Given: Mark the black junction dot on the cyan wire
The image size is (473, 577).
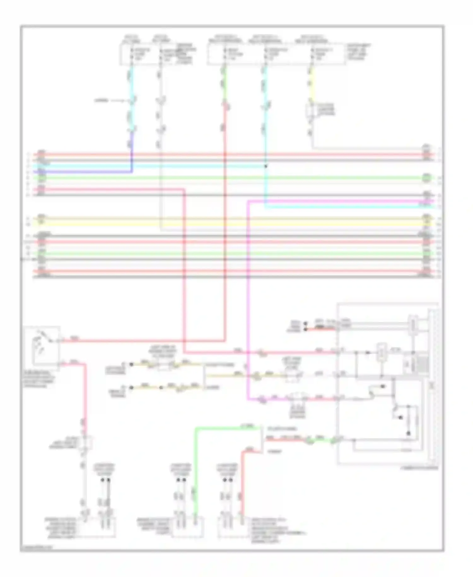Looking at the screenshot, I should click(x=266, y=166).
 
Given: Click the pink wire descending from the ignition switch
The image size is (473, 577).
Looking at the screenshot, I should click(x=85, y=395).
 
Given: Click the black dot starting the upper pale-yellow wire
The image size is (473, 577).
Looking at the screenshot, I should click(x=131, y=364).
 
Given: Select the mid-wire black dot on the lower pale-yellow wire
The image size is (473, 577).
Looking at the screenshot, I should click(x=161, y=388).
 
